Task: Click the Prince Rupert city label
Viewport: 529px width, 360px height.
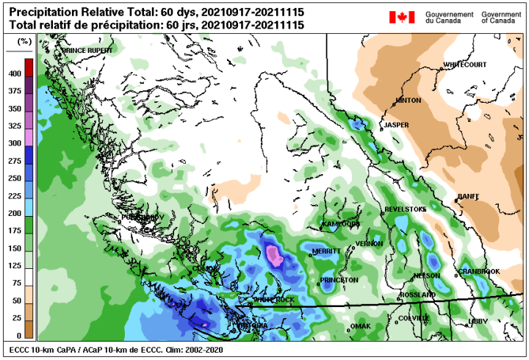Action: pos(88,51)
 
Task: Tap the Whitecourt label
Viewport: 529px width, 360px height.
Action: pos(464,65)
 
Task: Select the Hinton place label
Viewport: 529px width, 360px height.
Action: pos(409,101)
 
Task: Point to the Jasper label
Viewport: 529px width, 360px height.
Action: pos(397,125)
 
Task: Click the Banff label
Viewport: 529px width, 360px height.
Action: pos(468,196)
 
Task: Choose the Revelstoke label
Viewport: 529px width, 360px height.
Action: pos(406,210)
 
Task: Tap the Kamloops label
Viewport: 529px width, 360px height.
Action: pos(340,223)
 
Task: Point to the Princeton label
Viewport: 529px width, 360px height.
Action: pos(339,280)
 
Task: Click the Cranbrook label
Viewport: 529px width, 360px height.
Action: pos(479,272)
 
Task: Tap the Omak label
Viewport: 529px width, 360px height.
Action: pos(361,325)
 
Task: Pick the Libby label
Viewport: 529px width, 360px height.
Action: pos(478,322)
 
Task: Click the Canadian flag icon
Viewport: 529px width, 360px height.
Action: pos(401,17)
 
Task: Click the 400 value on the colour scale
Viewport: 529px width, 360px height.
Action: pos(14,74)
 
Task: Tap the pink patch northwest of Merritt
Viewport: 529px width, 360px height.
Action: pos(274,255)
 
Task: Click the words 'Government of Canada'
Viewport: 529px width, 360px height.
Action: pos(501,18)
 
